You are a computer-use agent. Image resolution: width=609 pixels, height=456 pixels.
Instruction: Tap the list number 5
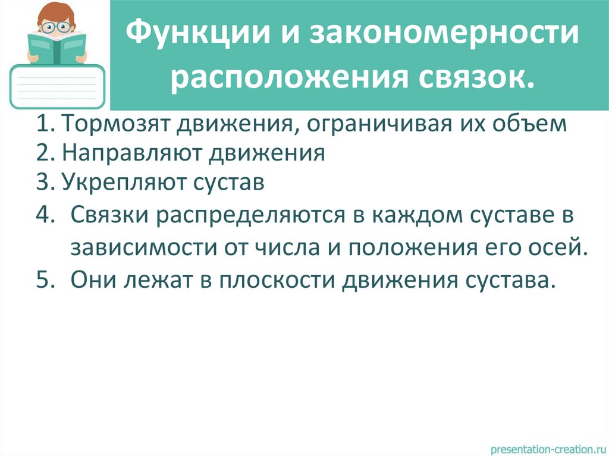45,278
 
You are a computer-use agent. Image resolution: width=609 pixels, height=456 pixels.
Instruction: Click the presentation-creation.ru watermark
546,446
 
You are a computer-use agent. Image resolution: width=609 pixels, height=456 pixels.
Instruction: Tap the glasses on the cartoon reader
57,26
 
